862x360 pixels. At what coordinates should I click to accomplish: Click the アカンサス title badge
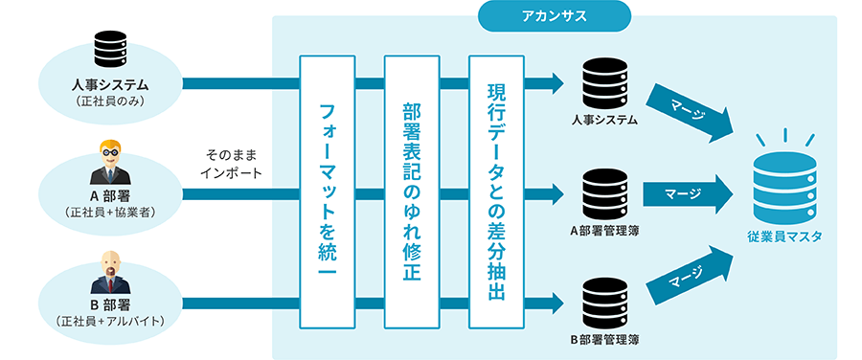click(554, 15)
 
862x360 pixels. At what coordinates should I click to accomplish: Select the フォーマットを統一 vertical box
click(328, 191)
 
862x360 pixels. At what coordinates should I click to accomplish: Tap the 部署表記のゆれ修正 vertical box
click(411, 191)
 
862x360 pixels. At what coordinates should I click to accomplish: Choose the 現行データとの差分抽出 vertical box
click(496, 191)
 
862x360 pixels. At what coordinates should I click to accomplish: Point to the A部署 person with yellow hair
click(109, 163)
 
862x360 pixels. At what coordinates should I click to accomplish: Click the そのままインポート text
click(231, 164)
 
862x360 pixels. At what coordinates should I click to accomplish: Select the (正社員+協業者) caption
click(109, 212)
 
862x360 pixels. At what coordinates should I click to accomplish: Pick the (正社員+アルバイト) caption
click(109, 322)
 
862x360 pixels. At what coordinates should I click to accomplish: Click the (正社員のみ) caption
click(109, 101)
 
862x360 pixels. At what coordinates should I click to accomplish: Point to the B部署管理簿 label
click(604, 339)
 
